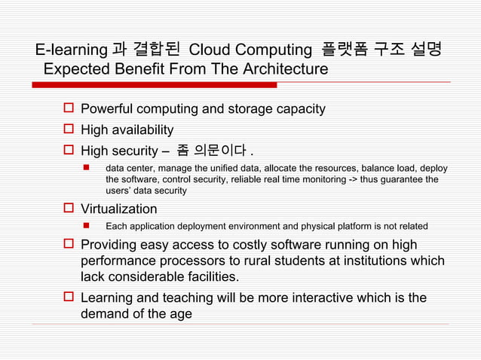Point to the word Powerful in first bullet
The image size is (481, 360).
click(x=110, y=109)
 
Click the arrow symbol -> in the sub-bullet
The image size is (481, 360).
click(x=373, y=179)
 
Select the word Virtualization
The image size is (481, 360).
click(x=119, y=209)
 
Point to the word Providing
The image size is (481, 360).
click(x=111, y=245)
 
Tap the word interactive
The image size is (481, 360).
click(x=287, y=297)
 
